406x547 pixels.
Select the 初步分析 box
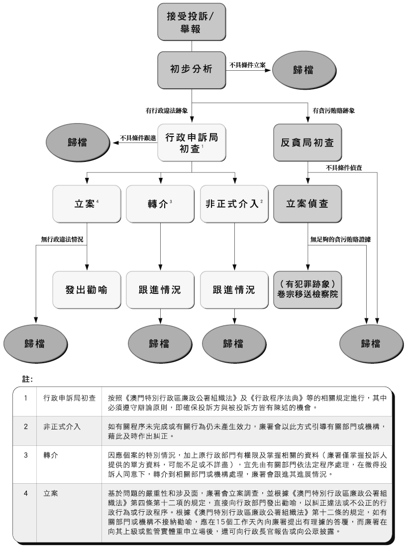(x=191, y=69)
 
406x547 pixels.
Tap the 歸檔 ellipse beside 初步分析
(x=304, y=69)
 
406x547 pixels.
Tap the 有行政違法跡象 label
(x=166, y=111)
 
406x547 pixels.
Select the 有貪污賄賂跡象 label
(x=333, y=111)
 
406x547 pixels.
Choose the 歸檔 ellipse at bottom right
(x=370, y=343)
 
